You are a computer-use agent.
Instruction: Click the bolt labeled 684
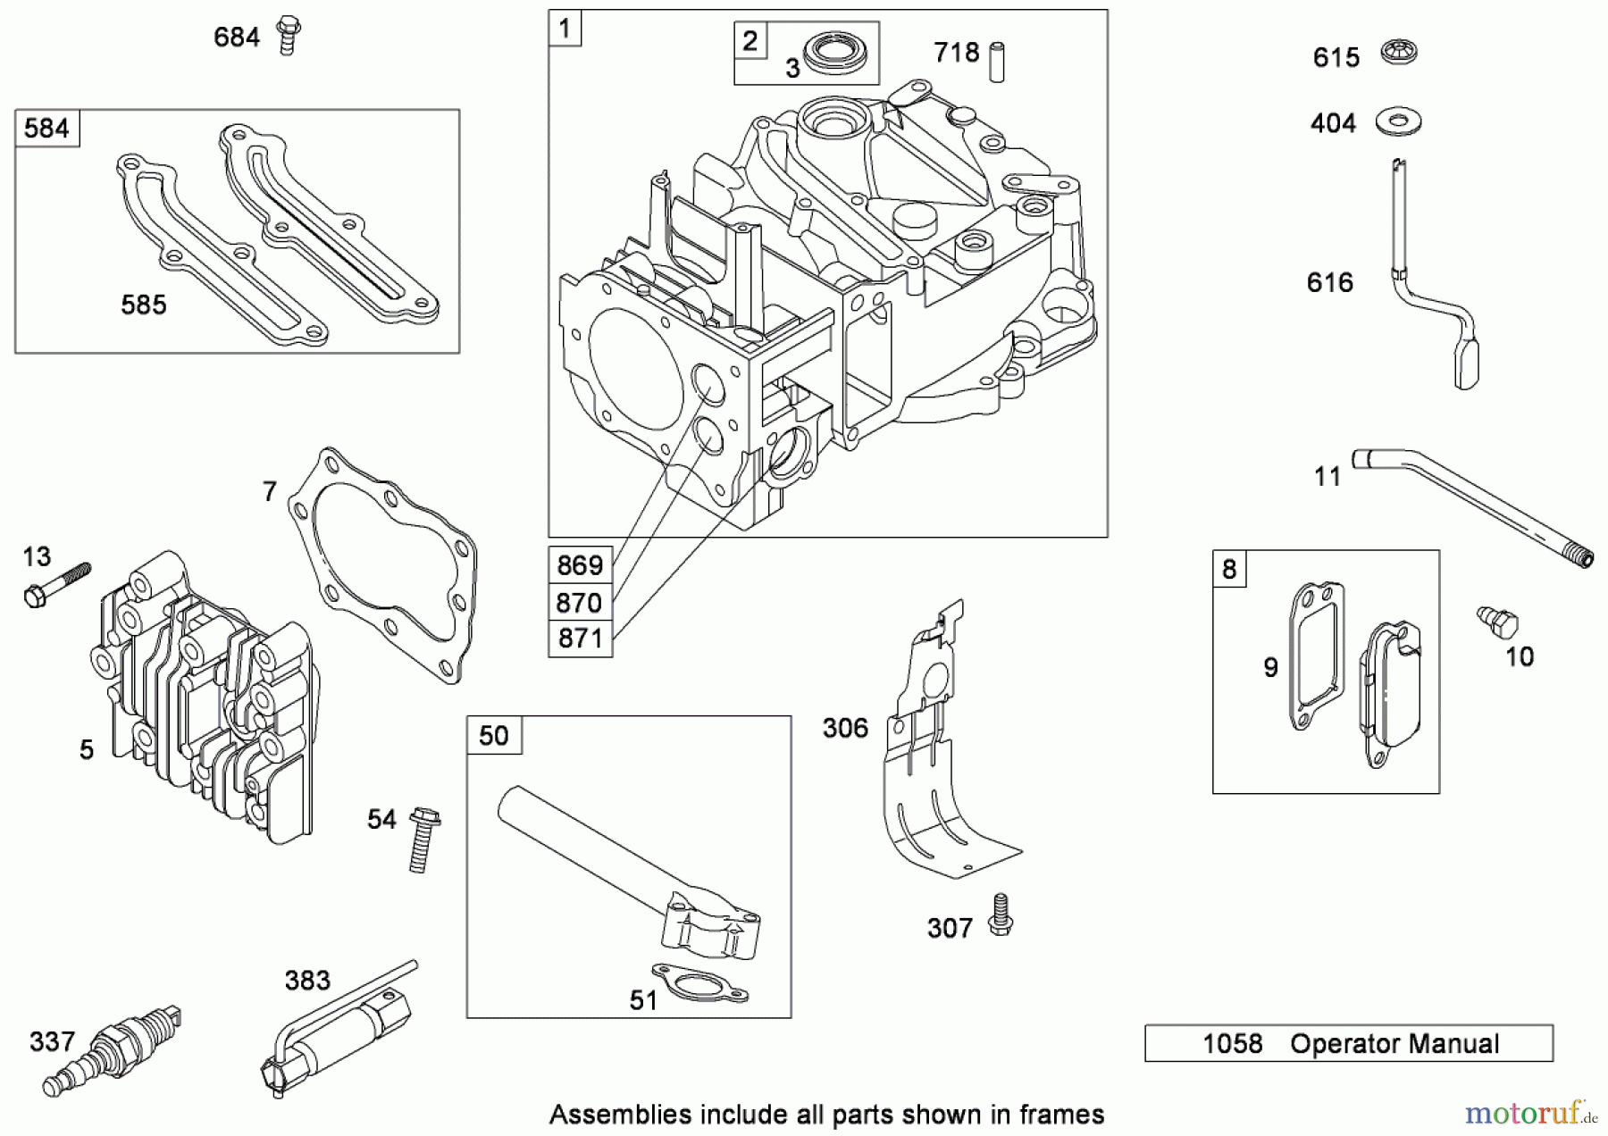point(287,35)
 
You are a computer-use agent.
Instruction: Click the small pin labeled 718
point(996,61)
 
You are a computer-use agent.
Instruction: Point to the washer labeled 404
point(1398,121)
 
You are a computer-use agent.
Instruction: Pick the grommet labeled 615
point(1398,52)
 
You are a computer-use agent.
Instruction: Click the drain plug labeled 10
point(1497,622)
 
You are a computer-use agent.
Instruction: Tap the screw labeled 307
point(1000,915)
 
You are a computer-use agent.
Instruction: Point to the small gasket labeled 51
point(699,983)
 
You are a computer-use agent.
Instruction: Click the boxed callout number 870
point(579,602)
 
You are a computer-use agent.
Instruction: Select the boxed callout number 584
point(46,129)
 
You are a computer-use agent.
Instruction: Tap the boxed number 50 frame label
point(493,735)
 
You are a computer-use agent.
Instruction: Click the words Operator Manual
point(1394,1043)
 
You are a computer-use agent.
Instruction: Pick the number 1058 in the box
point(1232,1043)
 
